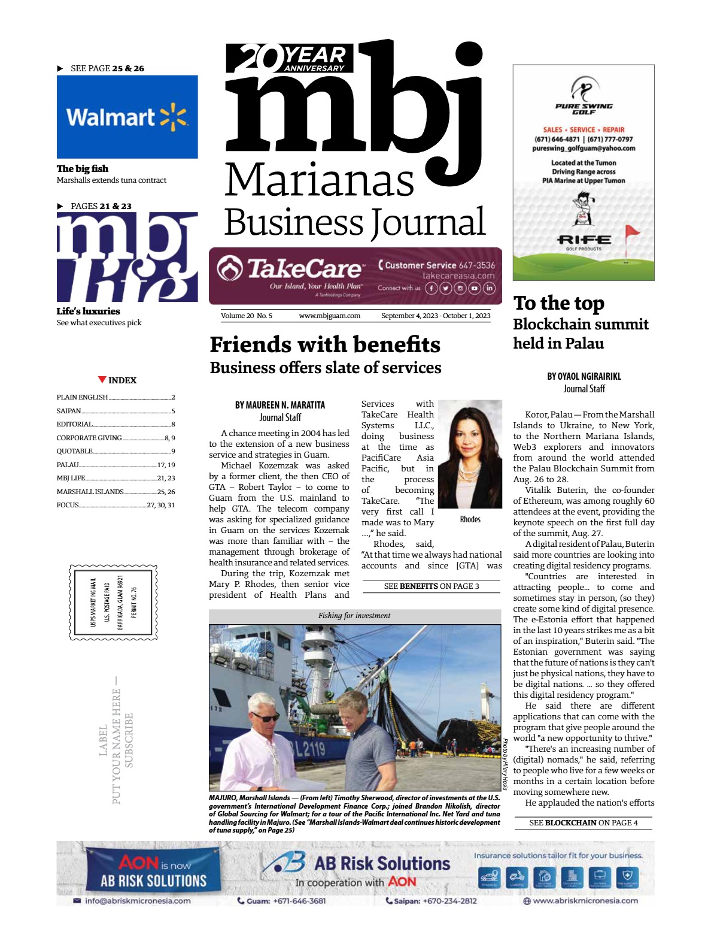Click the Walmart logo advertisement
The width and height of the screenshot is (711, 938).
[x=127, y=117]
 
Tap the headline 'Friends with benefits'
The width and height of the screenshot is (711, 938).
[x=325, y=344]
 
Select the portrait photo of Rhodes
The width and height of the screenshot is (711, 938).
[x=470, y=455]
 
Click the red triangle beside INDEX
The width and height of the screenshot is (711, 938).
[x=102, y=380]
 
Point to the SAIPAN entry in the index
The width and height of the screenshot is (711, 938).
[x=69, y=411]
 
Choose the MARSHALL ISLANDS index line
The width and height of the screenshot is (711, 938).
[x=90, y=492]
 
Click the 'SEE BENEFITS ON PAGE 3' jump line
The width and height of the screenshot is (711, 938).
[x=431, y=586]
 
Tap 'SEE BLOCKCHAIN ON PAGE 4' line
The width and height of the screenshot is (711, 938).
[x=583, y=822]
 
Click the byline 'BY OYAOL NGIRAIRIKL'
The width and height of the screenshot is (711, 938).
[x=584, y=376]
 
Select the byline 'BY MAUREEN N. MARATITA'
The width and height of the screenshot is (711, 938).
[x=279, y=405]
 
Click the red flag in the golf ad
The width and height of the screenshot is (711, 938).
[x=631, y=231]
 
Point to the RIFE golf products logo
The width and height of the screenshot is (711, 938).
[x=584, y=241]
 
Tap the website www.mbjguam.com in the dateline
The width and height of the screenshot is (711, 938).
[x=329, y=316]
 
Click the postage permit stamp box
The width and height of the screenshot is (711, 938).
[x=114, y=602]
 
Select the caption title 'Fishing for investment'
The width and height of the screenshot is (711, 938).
[x=354, y=615]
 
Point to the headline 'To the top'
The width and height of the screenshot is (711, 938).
[x=559, y=303]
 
